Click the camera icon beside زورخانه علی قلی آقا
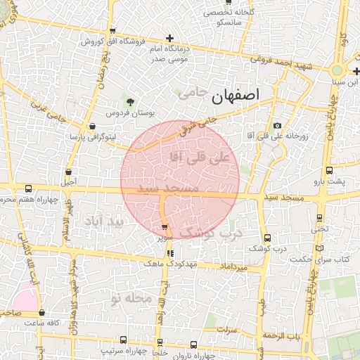(x=277, y=125)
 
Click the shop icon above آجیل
(x=68, y=171)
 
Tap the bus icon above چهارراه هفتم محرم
(x=28, y=188)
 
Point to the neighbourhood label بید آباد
(x=103, y=221)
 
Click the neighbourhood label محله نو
(x=131, y=298)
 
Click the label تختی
(x=320, y=229)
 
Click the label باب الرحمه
(x=282, y=336)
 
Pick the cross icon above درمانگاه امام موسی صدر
(x=169, y=38)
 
